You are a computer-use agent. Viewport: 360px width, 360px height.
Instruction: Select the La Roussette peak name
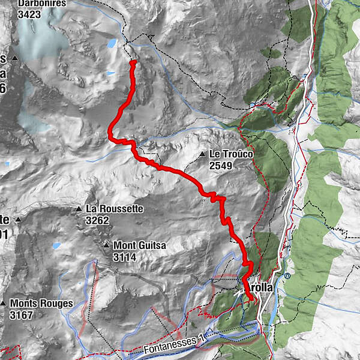pos(115,209)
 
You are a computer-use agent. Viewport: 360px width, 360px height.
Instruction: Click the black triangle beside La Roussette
pos(78,209)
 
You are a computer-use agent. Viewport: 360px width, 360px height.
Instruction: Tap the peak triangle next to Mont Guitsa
pos(106,245)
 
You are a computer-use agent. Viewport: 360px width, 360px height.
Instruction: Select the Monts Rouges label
pos(41,304)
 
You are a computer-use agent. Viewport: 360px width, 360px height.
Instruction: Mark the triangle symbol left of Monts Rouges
pos(4,304)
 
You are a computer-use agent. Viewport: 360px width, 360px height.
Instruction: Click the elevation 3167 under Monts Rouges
pos(22,314)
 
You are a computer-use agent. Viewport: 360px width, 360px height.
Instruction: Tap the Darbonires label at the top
pos(41,3)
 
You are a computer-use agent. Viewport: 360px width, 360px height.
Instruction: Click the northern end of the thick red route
pos(133,62)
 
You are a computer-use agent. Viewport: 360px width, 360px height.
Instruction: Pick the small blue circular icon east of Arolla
pos(287,276)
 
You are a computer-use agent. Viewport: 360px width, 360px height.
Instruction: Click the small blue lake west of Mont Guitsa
pos(56,245)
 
